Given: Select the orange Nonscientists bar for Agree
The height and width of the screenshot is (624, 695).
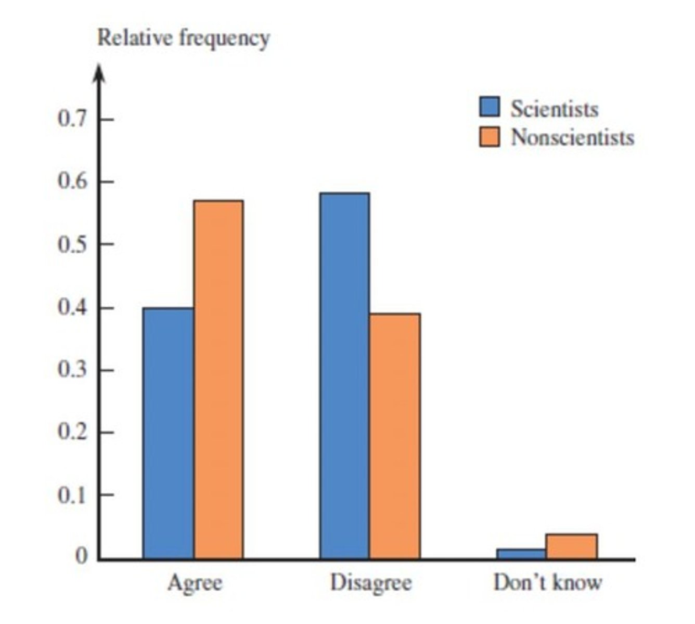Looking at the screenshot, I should [x=218, y=380].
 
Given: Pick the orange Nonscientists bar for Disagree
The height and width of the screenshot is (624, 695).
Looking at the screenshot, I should [x=395, y=436].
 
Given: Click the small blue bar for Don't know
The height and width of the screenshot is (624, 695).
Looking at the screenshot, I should [x=521, y=554].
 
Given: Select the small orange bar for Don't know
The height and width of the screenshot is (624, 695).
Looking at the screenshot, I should [x=572, y=547].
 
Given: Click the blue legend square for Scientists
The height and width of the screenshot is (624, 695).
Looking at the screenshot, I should [x=489, y=107].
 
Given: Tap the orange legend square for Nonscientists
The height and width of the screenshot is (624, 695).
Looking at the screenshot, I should [x=489, y=137].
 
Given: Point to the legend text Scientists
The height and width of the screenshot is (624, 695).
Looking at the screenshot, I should [x=554, y=109].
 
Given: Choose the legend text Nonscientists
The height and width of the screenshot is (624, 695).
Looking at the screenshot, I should [x=572, y=137].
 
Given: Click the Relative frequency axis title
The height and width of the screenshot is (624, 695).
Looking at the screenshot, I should [x=184, y=38].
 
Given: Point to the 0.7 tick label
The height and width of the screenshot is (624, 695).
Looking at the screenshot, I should [x=72, y=120].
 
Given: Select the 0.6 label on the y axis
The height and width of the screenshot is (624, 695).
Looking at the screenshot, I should [x=72, y=182].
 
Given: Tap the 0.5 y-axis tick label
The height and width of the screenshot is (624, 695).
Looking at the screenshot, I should [x=72, y=244].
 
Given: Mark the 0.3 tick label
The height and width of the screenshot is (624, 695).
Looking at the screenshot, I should [x=72, y=370].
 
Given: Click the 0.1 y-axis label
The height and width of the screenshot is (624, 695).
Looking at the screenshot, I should [x=72, y=495].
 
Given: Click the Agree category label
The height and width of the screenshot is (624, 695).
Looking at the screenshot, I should [x=195, y=583].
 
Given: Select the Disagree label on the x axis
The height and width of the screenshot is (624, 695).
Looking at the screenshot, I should [x=371, y=583].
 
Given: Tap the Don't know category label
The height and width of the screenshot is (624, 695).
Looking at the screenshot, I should [x=547, y=582].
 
